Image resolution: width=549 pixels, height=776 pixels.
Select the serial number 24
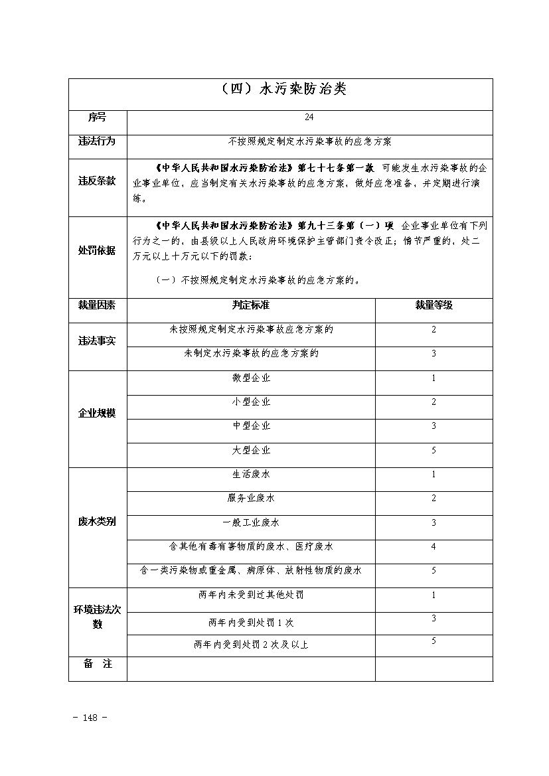309,117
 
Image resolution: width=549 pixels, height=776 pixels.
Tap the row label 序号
97,117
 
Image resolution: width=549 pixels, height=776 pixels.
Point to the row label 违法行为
97,141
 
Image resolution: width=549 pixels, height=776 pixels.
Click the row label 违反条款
97,181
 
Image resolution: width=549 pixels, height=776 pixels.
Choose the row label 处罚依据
97,250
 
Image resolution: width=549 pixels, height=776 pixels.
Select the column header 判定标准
251,305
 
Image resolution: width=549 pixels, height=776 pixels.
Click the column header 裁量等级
433,305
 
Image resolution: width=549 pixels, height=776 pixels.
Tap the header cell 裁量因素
97,305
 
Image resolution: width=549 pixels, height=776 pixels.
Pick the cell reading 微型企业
251,378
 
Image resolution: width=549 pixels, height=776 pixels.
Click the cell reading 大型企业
251,450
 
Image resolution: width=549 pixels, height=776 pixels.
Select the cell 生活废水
251,474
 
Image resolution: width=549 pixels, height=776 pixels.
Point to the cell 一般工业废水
251,522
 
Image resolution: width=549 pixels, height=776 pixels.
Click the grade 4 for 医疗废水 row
433,546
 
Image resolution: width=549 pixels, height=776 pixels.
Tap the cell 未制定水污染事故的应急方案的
251,353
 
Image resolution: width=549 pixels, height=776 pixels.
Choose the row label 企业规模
97,413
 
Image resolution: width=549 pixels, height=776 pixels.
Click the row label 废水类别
97,522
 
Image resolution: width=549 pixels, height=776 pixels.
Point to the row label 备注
97,664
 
